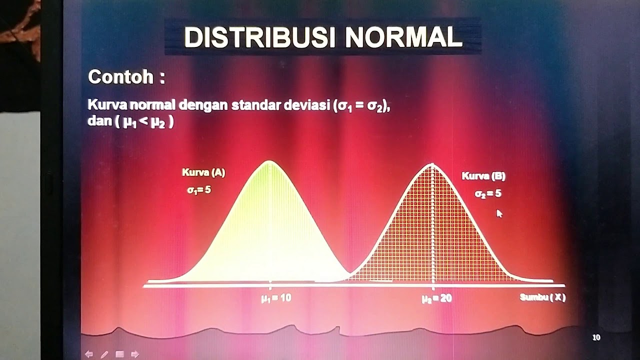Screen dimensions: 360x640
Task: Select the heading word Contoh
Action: (120, 77)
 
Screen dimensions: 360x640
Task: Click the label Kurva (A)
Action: (203, 173)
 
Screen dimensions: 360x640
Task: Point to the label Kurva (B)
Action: (483, 176)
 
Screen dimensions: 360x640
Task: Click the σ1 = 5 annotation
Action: (199, 190)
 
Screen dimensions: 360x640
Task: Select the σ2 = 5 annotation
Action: (488, 193)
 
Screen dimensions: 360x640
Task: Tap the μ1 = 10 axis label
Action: (275, 298)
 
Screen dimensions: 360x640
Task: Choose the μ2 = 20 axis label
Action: (436, 298)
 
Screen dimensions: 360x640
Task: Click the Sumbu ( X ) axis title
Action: (542, 297)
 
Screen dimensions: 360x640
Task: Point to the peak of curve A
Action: (269, 161)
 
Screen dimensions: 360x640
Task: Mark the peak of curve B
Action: (432, 164)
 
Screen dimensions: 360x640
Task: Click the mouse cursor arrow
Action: (499, 213)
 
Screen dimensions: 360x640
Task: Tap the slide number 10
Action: (596, 338)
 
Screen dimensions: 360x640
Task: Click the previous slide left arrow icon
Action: (89, 354)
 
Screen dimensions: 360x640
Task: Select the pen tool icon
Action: (104, 354)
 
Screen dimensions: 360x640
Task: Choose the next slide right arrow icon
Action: (134, 354)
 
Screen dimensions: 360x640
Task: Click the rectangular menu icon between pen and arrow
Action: (119, 354)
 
